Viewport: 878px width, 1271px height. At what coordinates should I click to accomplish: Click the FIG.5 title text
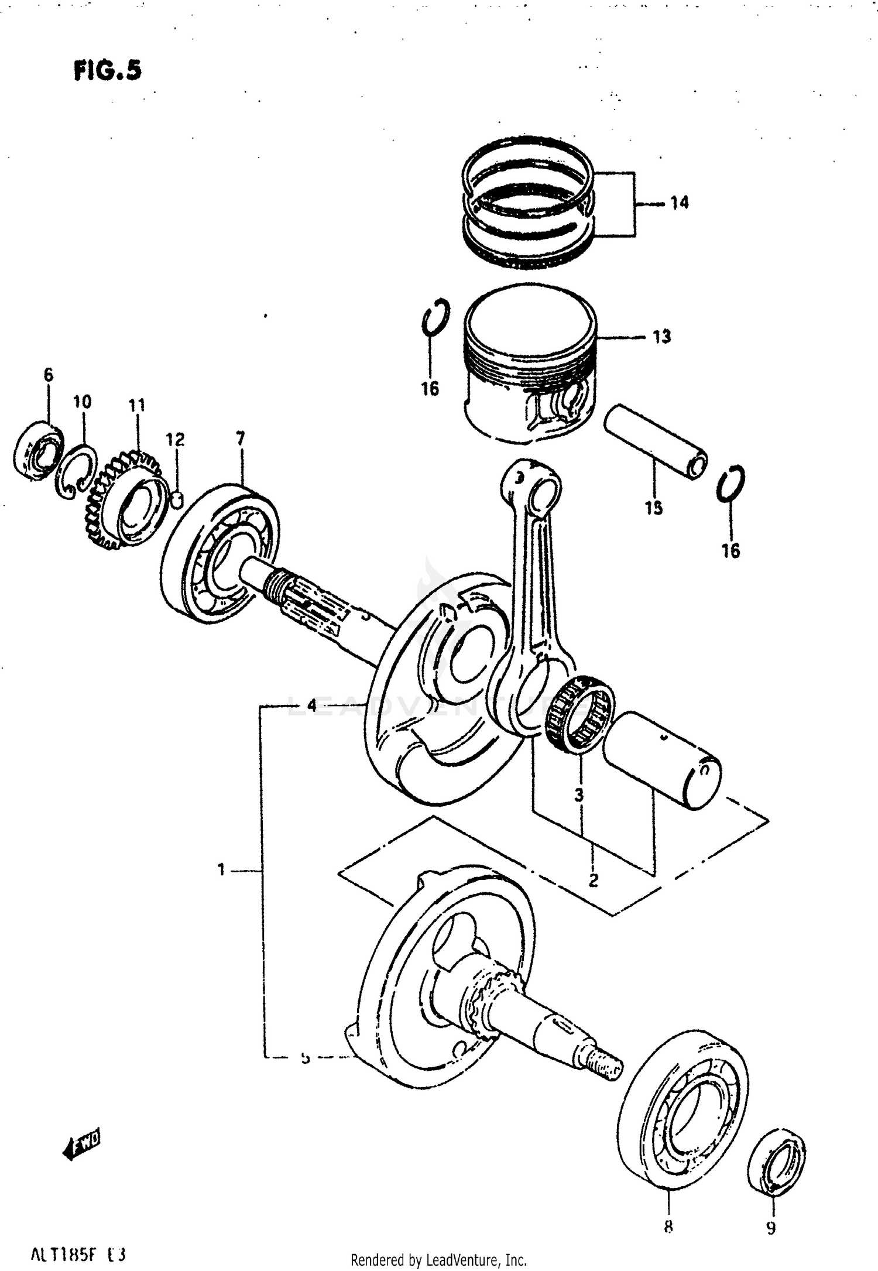[x=108, y=71]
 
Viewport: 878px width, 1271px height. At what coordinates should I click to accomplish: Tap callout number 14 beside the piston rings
[x=679, y=203]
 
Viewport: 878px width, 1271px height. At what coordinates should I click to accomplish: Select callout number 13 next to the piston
[x=661, y=337]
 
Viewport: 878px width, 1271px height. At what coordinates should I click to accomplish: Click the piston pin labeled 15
[x=656, y=443]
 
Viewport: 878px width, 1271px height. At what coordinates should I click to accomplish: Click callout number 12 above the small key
[x=174, y=440]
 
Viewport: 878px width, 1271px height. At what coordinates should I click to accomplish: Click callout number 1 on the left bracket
[x=221, y=870]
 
